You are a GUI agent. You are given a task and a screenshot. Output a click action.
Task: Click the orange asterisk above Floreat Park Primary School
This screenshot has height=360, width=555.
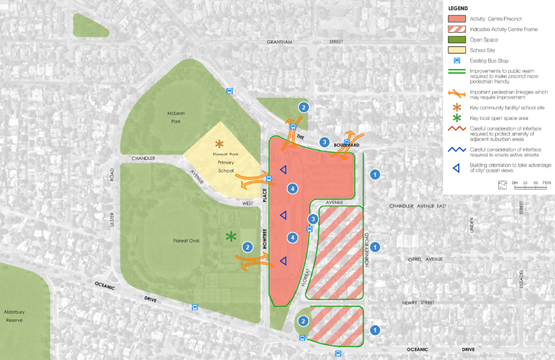pos(219,144)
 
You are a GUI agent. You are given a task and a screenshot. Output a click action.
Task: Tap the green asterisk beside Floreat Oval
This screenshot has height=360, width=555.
pos(231,237)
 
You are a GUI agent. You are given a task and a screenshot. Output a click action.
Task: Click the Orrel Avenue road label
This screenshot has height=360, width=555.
pos(426,259)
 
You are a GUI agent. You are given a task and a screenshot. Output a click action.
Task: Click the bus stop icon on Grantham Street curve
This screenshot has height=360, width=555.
pos(229,91)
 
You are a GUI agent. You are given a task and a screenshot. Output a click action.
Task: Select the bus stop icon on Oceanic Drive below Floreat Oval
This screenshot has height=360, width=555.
pos(194,307)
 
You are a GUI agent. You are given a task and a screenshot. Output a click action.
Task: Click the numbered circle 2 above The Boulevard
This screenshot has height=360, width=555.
pos(304,107)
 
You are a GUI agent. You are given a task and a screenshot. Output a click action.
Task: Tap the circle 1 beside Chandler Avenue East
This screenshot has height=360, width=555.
pos(374,174)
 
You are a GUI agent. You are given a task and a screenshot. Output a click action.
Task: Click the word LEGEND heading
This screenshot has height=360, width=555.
pos(459,8)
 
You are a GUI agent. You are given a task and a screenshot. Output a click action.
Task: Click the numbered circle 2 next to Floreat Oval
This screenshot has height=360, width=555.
pos(248,247)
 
